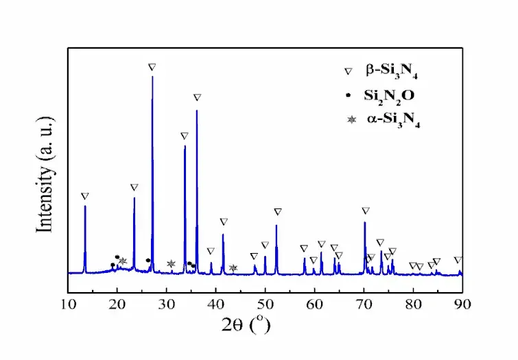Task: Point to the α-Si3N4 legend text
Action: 393,121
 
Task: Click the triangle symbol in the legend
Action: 349,70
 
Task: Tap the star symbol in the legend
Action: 351,120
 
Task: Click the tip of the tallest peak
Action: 152,76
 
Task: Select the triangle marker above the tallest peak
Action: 152,67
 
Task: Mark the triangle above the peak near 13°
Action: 84,196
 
